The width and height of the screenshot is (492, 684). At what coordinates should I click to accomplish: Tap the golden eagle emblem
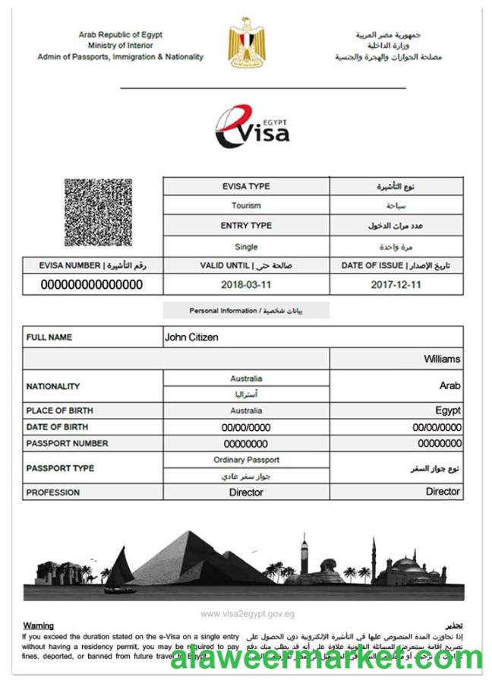click(x=246, y=43)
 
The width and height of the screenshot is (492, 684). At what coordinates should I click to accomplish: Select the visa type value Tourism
click(x=246, y=205)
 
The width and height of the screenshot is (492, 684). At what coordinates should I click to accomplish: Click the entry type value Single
click(x=246, y=247)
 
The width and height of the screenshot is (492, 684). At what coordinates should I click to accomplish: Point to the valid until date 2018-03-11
click(x=246, y=285)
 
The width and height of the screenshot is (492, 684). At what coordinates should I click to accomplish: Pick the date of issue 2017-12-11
click(x=396, y=285)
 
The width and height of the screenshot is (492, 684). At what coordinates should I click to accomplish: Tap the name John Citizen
click(x=191, y=337)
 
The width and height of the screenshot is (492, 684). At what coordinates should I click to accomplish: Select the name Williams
click(x=442, y=359)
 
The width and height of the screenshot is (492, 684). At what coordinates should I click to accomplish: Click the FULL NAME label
click(x=49, y=337)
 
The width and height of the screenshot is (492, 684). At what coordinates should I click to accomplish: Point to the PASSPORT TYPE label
click(x=60, y=468)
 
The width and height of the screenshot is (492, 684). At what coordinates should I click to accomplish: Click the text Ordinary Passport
click(x=246, y=460)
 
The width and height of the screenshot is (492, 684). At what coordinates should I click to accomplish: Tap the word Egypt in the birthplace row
click(x=448, y=410)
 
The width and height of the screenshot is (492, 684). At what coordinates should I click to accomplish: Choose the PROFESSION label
click(x=53, y=492)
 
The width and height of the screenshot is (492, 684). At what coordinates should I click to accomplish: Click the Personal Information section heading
click(x=246, y=311)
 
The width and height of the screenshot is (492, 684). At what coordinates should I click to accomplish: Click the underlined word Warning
click(x=39, y=625)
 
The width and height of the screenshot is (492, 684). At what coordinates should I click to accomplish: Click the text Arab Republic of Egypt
click(x=120, y=35)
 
